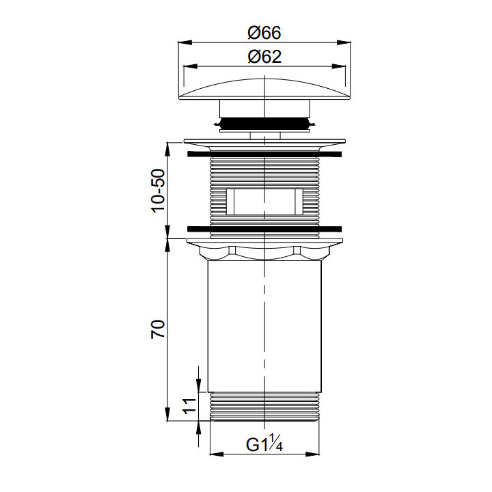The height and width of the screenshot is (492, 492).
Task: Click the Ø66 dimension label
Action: click(x=264, y=32)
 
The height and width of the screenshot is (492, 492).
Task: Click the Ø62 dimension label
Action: click(x=264, y=57)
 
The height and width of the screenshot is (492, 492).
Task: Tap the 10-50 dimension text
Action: click(x=158, y=191)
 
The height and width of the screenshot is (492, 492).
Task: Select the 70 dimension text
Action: click(x=158, y=329)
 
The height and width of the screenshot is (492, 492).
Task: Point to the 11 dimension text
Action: click(x=189, y=406)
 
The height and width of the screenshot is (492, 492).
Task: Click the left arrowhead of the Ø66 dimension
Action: click(x=185, y=42)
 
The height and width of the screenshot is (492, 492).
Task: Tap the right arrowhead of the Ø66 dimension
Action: click(x=344, y=42)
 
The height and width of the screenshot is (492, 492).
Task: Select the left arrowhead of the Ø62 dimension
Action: click(x=190, y=66)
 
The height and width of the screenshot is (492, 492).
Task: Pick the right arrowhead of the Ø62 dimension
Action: click(x=338, y=66)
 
